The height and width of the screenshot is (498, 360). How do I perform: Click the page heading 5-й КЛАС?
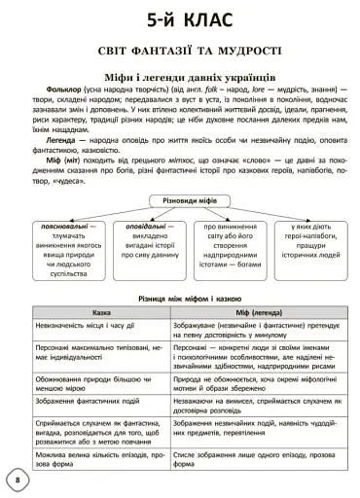click(180, 20)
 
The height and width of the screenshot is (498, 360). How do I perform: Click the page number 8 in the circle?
click(17, 481)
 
